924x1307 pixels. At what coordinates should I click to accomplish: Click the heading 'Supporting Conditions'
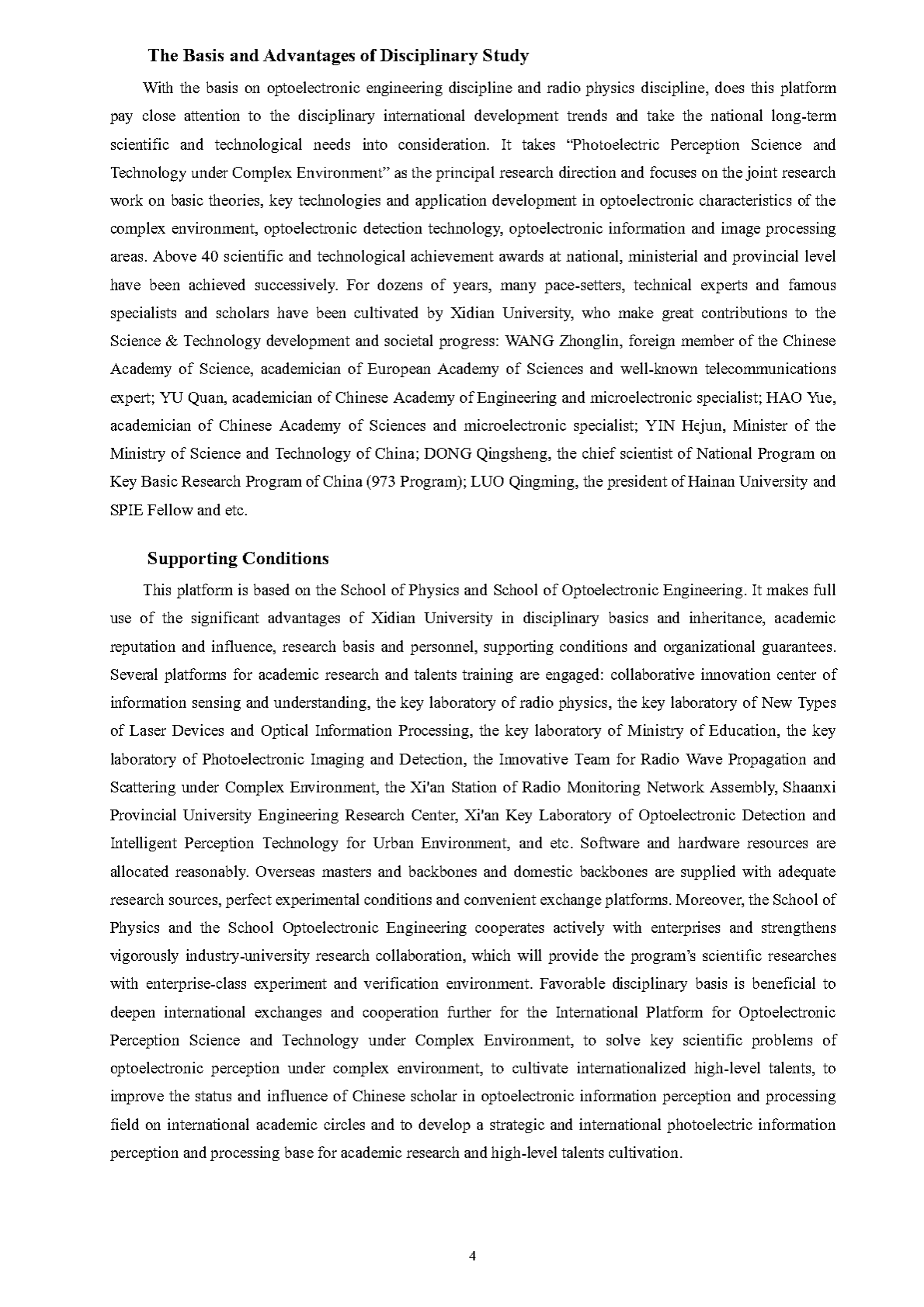pos(238,559)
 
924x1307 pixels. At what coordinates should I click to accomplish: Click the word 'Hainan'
pos(709,481)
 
